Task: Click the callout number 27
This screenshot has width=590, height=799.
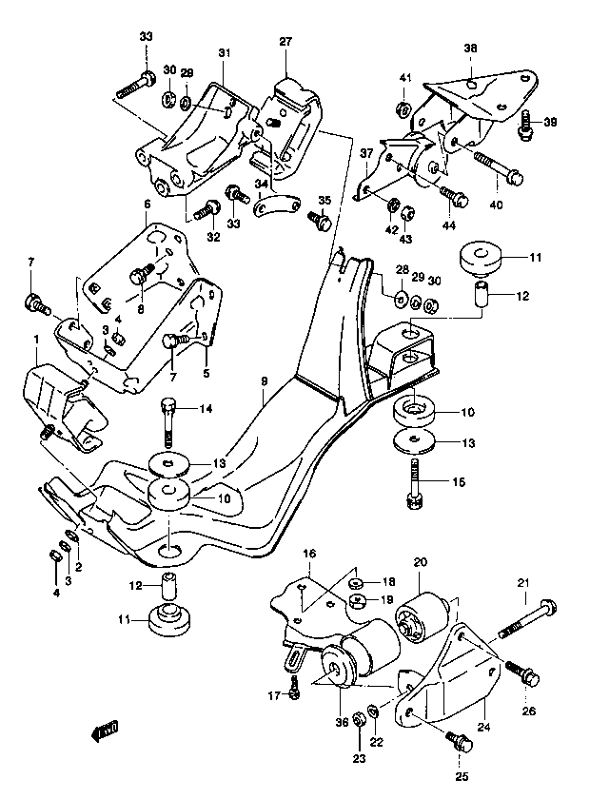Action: pos(285,41)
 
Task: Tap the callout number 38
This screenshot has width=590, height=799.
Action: pos(470,49)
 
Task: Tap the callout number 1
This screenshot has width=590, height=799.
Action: pos(36,340)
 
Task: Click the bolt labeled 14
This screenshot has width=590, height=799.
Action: pos(168,422)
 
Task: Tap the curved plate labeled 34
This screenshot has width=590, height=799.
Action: pos(278,205)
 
